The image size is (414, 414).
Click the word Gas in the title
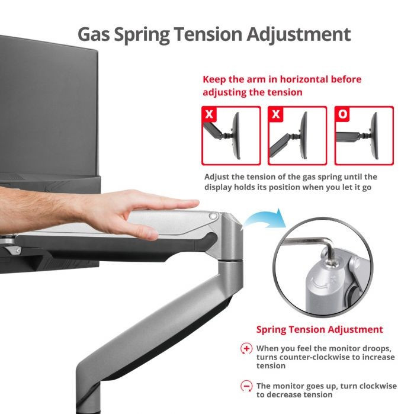(x=94, y=34)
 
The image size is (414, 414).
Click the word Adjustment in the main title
(x=299, y=35)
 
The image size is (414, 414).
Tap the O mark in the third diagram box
(x=342, y=114)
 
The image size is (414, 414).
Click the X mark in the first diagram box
(x=209, y=114)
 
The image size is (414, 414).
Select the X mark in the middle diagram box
(x=275, y=114)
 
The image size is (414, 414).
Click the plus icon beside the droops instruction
(x=246, y=348)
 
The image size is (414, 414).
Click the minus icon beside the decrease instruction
(x=246, y=386)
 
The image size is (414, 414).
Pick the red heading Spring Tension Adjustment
(x=319, y=329)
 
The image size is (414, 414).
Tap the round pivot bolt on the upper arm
(x=213, y=216)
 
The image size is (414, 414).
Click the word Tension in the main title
(x=208, y=34)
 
